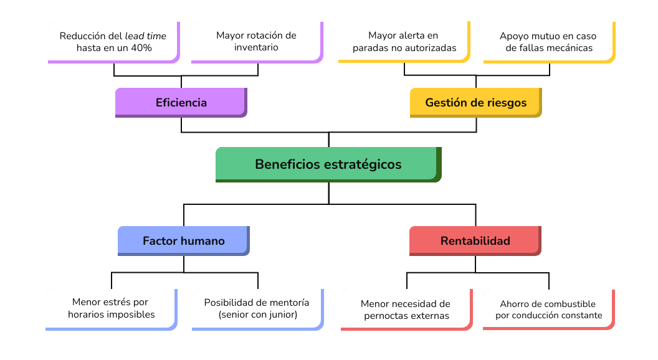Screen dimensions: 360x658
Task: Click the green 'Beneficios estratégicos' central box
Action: (x=328, y=164)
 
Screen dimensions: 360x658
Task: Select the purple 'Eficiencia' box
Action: (x=181, y=102)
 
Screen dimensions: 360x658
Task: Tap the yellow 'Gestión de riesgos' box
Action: (x=475, y=102)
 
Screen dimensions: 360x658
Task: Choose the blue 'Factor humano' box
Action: (x=183, y=240)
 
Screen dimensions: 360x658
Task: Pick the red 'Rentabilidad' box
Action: (x=475, y=240)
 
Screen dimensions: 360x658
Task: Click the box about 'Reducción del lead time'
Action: (x=113, y=42)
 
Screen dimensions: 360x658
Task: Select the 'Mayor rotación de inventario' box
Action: (x=256, y=42)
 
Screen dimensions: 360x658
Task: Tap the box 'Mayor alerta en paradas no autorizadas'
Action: (x=404, y=42)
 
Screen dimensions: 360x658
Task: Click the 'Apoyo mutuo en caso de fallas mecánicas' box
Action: (x=548, y=42)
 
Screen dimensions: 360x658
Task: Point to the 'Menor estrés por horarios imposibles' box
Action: (x=111, y=308)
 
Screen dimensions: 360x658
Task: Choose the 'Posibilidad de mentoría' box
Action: (x=257, y=308)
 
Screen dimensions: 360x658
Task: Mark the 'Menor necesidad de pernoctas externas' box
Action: (x=406, y=310)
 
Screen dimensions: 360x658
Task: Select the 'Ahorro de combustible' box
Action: (x=548, y=310)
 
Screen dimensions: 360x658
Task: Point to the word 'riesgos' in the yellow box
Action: (x=505, y=102)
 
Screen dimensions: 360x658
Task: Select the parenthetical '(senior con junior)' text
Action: (x=257, y=315)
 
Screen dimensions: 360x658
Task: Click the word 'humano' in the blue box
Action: (x=203, y=240)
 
